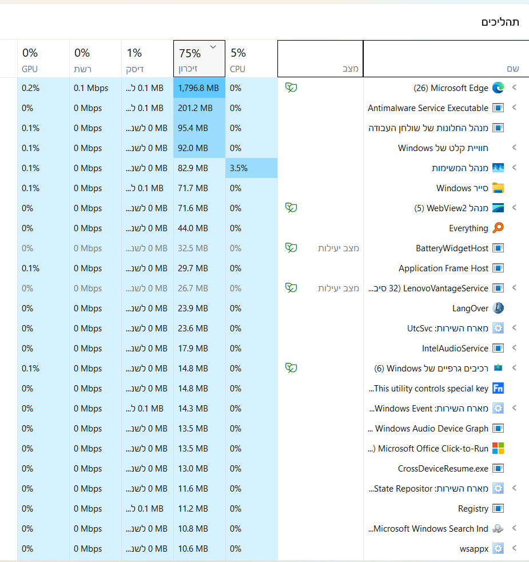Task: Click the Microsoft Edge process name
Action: pos(451,88)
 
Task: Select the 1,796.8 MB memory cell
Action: pos(198,88)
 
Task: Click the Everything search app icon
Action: pos(498,228)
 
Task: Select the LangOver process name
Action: pos(470,308)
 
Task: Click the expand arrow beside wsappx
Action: pos(514,548)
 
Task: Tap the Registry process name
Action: pos(473,509)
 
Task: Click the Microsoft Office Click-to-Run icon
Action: pos(498,448)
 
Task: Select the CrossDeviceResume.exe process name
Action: pos(443,469)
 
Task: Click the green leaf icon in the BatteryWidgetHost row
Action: pos(291,248)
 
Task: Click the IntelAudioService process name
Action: pos(455,349)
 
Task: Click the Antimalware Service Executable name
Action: pos(428,108)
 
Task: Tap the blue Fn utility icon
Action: pos(498,388)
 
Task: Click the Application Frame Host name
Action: pos(443,268)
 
